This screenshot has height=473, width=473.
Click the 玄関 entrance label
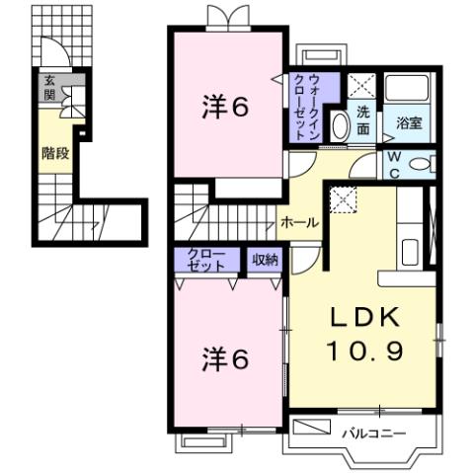pos(48,90)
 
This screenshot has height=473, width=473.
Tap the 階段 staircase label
pos(54,152)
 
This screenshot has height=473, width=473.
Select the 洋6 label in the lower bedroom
pos(226,356)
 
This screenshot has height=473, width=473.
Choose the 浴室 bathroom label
pos(409,123)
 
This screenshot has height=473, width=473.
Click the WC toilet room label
pos(392,164)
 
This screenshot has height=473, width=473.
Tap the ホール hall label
pos(298,223)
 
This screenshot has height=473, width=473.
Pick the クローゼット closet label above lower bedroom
pos(206,260)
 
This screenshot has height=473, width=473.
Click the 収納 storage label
pos(264,260)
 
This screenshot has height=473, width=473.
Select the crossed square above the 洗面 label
pos(360,85)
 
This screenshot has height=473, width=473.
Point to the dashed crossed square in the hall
pos(344,199)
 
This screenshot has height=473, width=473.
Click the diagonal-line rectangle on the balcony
pos(314,428)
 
